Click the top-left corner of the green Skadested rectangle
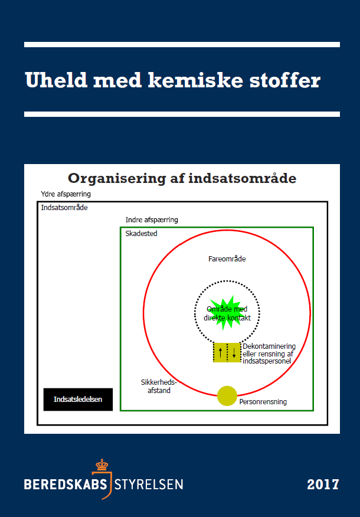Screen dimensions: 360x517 pyautogui.click(x=120, y=227)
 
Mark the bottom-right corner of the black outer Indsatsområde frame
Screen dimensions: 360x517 pyautogui.click(x=328, y=425)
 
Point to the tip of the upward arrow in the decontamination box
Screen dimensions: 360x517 pyautogui.click(x=221, y=347)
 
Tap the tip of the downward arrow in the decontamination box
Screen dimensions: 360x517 pyautogui.click(x=234, y=358)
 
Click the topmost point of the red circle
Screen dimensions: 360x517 pyautogui.click(x=227, y=230)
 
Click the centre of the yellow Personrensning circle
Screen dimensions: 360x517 pyautogui.click(x=227, y=395)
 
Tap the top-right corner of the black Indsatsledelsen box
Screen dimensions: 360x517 pyautogui.click(x=112, y=388)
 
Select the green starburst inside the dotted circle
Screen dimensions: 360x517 pyautogui.click(x=227, y=313)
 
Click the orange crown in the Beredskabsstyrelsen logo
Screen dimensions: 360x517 pyautogui.click(x=102, y=465)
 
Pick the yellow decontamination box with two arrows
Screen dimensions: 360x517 pyautogui.click(x=227, y=352)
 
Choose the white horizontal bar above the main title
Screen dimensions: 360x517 pyautogui.click(x=182, y=44)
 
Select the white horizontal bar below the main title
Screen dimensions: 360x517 pyautogui.click(x=182, y=114)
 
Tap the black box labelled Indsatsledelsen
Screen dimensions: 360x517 pyautogui.click(x=78, y=400)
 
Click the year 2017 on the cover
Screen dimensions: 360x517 pyautogui.click(x=323, y=485)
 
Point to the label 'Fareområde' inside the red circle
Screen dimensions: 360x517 pyautogui.click(x=227, y=259)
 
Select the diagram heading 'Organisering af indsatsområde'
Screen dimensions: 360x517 pyautogui.click(x=182, y=178)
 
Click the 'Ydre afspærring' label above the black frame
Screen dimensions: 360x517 pyautogui.click(x=66, y=194)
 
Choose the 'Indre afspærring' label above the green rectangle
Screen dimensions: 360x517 pyautogui.click(x=152, y=220)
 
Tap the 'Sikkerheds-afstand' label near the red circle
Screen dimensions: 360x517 pyautogui.click(x=159, y=387)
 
